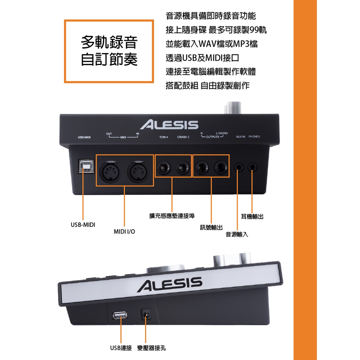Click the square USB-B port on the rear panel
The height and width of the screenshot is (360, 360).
(86, 166)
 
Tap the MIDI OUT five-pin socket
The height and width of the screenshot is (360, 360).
(110, 171)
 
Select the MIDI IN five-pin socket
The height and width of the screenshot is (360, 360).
(139, 171)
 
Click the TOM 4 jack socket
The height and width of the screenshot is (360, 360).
(164, 167)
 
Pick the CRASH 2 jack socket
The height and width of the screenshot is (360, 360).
(183, 167)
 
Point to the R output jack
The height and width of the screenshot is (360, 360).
(202, 167)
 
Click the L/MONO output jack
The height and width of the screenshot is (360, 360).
(221, 167)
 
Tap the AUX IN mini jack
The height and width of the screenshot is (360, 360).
(239, 167)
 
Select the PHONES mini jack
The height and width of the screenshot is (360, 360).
(252, 167)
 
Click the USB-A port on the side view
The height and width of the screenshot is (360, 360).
(120, 315)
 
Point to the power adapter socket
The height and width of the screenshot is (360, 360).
(146, 314)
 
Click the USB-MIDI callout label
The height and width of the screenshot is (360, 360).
(83, 225)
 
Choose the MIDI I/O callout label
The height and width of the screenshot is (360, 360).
(124, 231)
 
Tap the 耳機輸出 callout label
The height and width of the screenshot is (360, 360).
(252, 217)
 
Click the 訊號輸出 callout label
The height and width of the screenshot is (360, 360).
(211, 227)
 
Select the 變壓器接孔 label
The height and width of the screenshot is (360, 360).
(151, 348)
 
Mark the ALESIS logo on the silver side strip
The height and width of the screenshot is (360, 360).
(170, 284)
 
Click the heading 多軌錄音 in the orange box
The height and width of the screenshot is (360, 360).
(109, 42)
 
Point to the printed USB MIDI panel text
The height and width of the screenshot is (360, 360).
(84, 137)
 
